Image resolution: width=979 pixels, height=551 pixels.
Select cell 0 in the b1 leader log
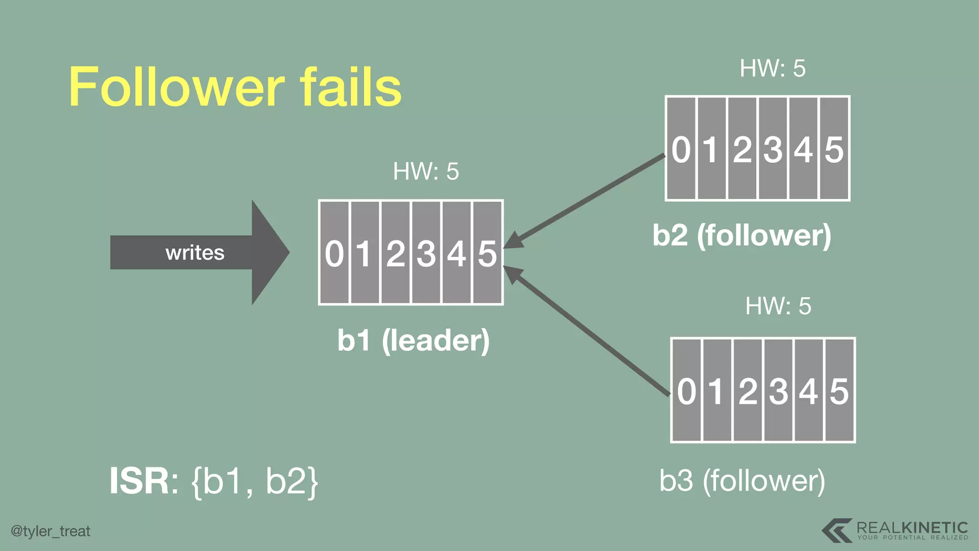[x=334, y=253]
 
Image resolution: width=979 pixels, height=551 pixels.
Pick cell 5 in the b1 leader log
[x=487, y=253]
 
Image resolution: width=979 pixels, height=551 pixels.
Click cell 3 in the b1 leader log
[x=426, y=253]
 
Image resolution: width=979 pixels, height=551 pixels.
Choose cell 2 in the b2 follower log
[x=742, y=149]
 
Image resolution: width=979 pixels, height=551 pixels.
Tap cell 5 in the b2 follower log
[x=834, y=149]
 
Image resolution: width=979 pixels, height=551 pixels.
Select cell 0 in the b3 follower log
[x=686, y=391]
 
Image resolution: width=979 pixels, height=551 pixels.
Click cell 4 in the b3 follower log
[x=809, y=391]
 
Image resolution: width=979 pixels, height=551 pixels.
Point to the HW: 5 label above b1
[x=425, y=171]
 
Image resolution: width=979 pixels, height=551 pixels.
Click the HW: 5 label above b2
[x=772, y=68]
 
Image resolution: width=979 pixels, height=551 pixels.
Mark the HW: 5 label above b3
[x=778, y=306]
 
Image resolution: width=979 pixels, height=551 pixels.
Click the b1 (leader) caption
[x=413, y=341]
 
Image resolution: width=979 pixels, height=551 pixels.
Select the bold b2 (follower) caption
[x=742, y=235]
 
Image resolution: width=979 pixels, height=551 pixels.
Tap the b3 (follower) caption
[x=742, y=481]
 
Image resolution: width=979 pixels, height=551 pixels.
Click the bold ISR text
[x=139, y=481]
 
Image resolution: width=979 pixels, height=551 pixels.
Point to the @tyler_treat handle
[x=51, y=531]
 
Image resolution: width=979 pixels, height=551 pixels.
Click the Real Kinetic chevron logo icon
[x=837, y=530]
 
